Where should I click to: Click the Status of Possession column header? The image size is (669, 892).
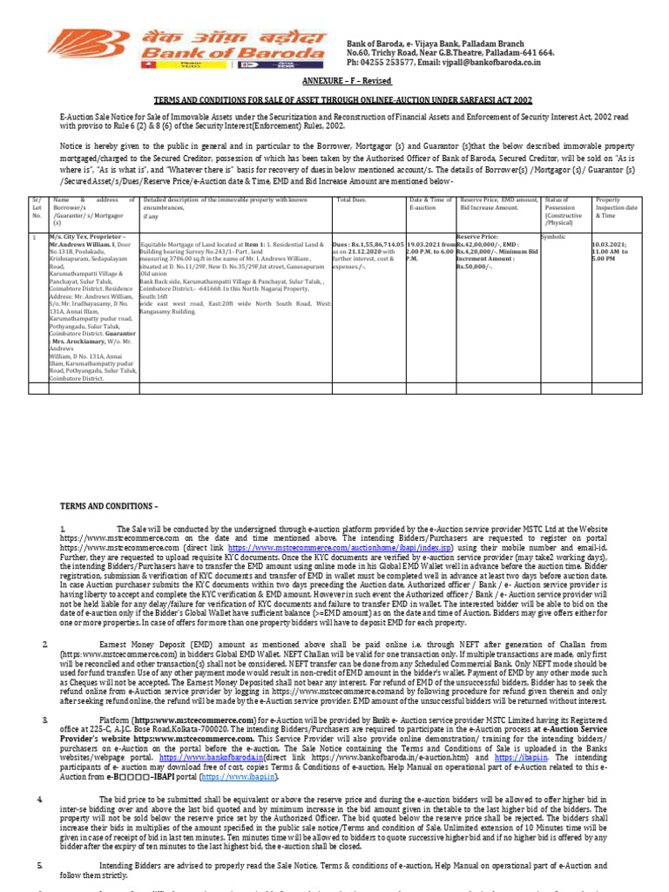pyautogui.click(x=563, y=208)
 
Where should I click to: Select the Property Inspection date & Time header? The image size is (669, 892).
pyautogui.click(x=618, y=208)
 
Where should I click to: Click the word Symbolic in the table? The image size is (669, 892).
pyautogui.click(x=554, y=236)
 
